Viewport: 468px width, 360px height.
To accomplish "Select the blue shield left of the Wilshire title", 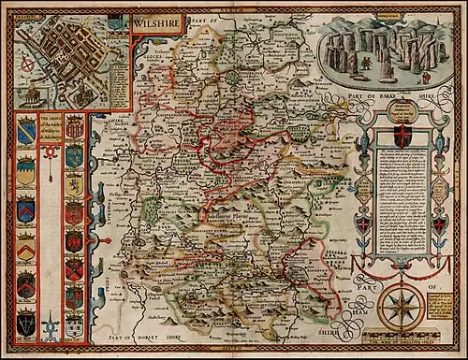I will (x=116, y=20).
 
